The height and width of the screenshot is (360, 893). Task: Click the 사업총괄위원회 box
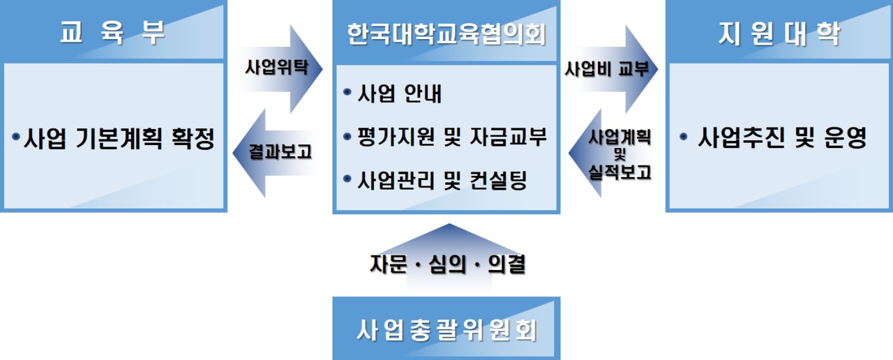(x=446, y=329)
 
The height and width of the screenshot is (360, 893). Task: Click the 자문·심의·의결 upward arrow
(x=446, y=264)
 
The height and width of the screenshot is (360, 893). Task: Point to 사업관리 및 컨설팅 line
(x=442, y=181)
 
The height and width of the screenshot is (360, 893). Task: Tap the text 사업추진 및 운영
(x=782, y=139)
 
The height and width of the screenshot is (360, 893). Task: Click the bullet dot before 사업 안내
(x=347, y=93)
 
